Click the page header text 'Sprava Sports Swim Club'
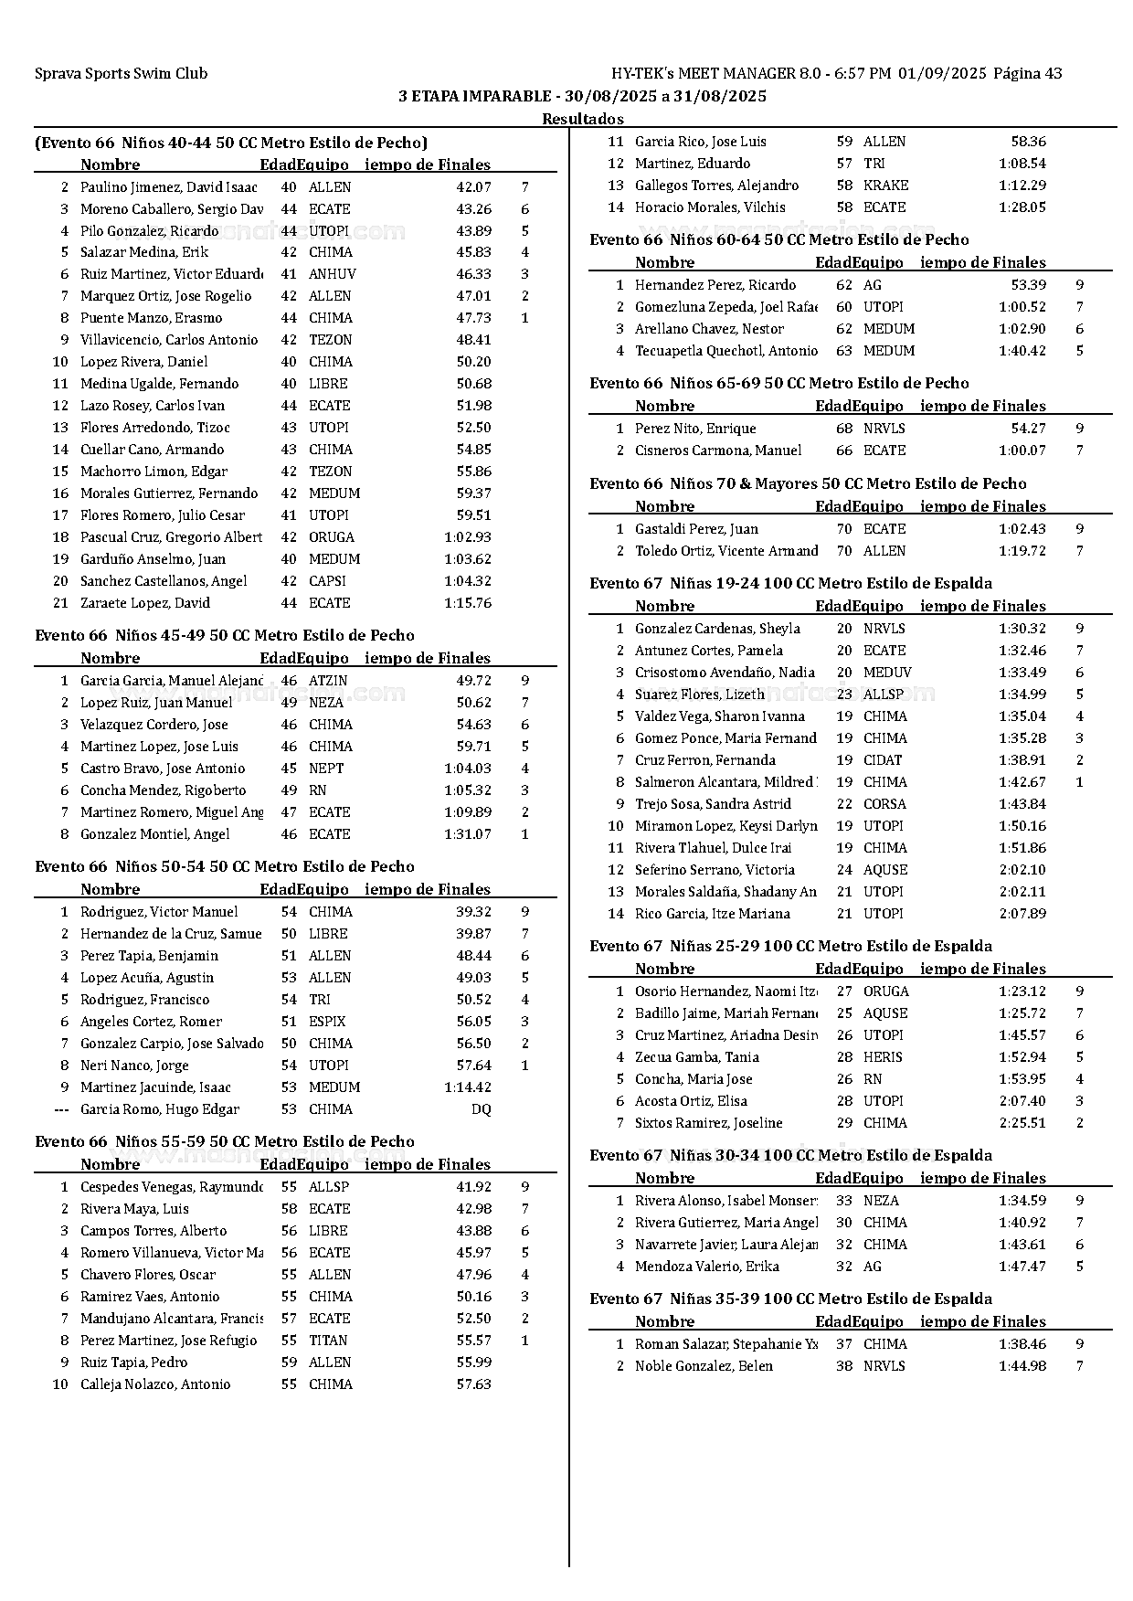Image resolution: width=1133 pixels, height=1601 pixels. tap(121, 74)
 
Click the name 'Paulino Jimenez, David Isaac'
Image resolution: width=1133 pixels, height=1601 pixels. tap(169, 187)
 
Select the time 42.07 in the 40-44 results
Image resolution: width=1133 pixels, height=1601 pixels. tap(473, 187)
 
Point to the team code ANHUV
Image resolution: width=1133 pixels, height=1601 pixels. tap(332, 274)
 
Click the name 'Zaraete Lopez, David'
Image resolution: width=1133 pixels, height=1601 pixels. tap(145, 603)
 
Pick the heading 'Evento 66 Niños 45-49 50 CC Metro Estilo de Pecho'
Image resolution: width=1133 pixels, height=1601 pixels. tap(225, 635)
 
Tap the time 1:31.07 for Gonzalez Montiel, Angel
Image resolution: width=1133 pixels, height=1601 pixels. tap(467, 834)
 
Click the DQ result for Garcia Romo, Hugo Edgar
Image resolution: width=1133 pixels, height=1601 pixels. tap(481, 1109)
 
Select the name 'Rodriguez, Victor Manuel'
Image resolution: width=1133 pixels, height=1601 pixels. tap(159, 912)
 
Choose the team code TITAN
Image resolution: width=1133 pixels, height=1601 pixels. tap(328, 1341)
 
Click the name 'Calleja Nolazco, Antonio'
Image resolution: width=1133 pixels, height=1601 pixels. tap(155, 1384)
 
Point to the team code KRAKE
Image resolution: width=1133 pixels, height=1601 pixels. tap(885, 186)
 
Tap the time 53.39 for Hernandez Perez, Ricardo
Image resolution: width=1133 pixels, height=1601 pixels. tap(1029, 285)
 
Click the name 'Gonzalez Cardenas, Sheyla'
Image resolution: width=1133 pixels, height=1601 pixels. tap(717, 629)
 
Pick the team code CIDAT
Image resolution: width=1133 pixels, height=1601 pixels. tap(883, 760)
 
